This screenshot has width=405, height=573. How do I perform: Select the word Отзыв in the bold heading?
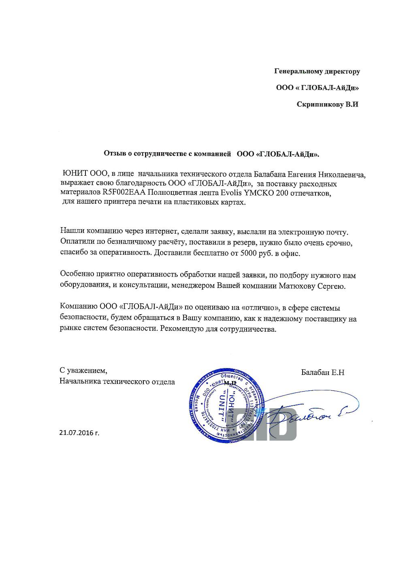[x=113, y=153]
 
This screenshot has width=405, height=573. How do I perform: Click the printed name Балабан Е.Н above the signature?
[x=322, y=373]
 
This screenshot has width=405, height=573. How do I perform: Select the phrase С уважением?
[x=83, y=371]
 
